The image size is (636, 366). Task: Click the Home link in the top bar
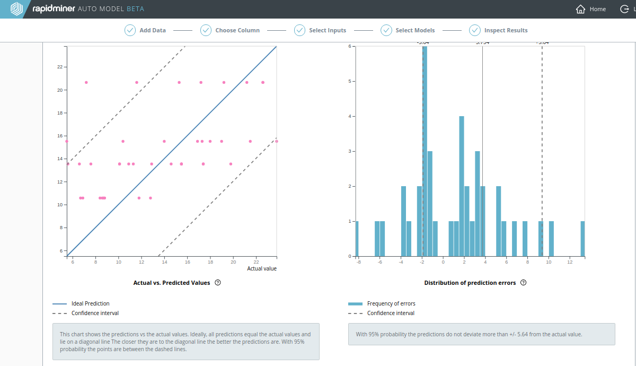tap(591, 9)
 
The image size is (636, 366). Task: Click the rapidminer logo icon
tap(17, 9)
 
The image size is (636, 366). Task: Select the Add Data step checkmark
tap(130, 30)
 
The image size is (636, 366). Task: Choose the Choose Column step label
tap(237, 30)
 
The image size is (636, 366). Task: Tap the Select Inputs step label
tap(328, 30)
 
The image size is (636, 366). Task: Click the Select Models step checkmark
tap(386, 30)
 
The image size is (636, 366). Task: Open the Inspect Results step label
tap(506, 30)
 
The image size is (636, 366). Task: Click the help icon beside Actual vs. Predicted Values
tap(218, 283)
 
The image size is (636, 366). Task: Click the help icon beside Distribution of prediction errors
tap(524, 283)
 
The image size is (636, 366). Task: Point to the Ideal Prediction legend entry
tap(90, 303)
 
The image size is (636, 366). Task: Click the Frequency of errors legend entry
tap(391, 303)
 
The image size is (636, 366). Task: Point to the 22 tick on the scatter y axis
tap(60, 67)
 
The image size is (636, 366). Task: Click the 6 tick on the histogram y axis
tap(349, 46)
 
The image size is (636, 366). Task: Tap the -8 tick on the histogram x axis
tap(358, 262)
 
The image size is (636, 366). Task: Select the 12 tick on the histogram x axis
tap(570, 262)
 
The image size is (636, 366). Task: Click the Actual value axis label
tap(262, 268)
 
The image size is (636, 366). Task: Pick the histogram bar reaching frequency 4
tap(462, 186)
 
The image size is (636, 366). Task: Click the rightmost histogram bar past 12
tap(582, 239)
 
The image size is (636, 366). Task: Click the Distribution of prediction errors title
tap(470, 283)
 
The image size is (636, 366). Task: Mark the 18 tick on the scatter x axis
tap(210, 262)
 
